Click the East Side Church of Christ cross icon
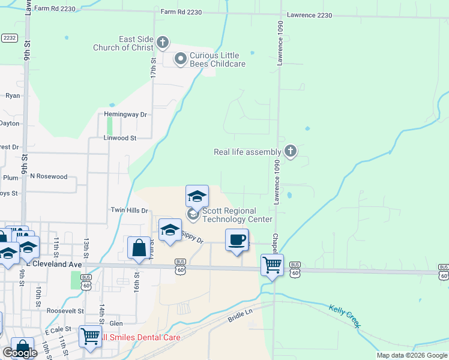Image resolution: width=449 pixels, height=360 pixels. point(163,43)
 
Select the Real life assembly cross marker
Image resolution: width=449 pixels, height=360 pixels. point(291,151)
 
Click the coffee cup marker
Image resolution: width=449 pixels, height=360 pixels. point(237,240)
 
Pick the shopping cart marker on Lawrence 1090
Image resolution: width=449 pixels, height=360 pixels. point(273,264)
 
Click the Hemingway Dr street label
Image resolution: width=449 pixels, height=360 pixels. point(125,114)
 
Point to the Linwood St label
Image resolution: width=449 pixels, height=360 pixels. point(120,138)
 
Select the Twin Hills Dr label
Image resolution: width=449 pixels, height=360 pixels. point(128,210)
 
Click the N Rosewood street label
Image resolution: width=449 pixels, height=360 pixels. point(49,176)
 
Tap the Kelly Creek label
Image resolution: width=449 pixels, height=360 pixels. point(345,316)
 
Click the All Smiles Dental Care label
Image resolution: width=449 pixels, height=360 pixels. point(142,337)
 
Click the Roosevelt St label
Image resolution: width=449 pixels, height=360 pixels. point(65,311)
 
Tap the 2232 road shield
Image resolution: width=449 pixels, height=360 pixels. point(9,37)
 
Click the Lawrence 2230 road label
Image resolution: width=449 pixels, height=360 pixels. point(309,14)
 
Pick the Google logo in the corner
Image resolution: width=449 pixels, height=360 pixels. point(20,353)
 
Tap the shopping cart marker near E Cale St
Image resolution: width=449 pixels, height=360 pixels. point(90,337)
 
